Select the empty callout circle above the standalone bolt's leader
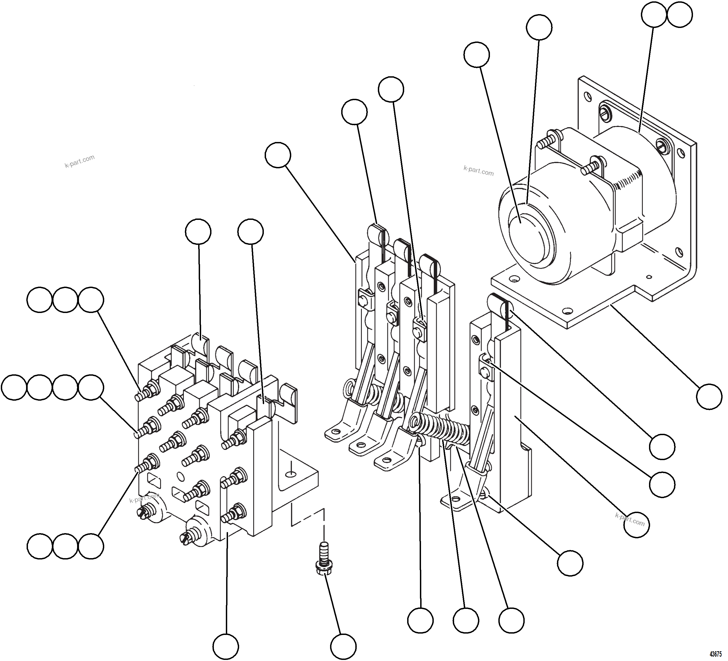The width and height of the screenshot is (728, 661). pyautogui.click(x=343, y=646)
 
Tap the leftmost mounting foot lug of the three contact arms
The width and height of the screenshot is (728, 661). pyautogui.click(x=336, y=431)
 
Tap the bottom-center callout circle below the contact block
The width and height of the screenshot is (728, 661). pyautogui.click(x=226, y=646)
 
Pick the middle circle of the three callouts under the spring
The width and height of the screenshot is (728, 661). pyautogui.click(x=466, y=620)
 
